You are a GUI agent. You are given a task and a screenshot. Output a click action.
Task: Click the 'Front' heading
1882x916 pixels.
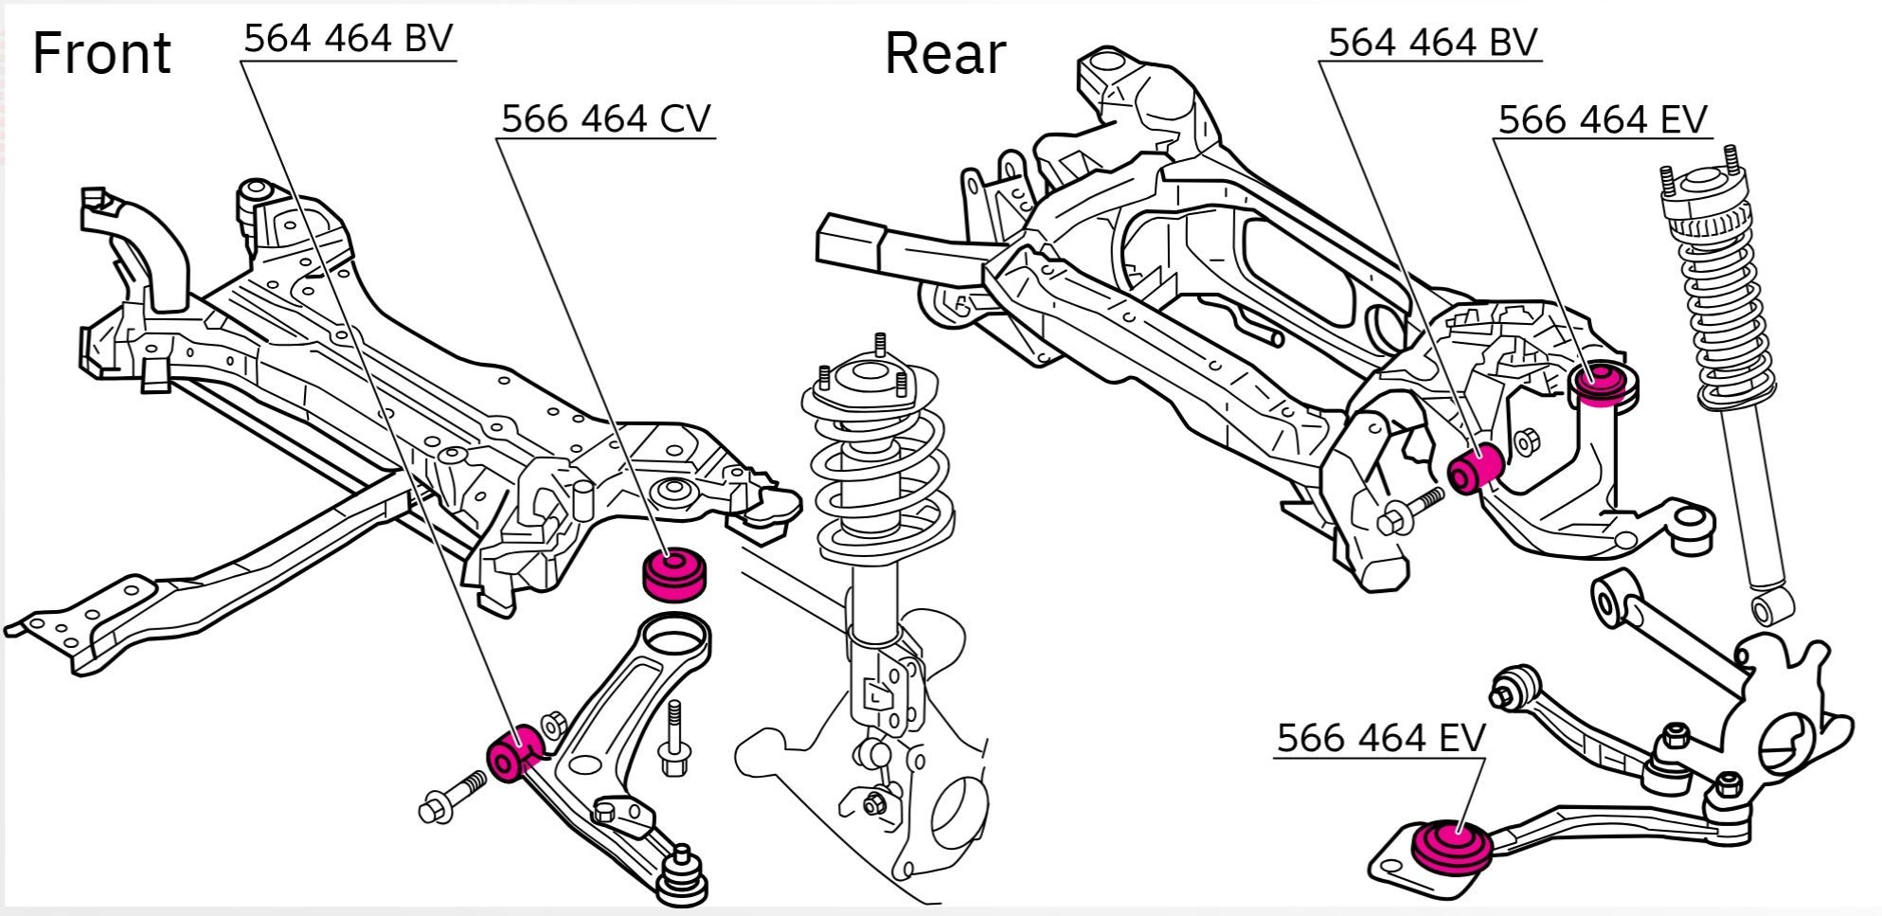pyautogui.click(x=101, y=54)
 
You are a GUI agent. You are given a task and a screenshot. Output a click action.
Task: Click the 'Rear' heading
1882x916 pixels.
pyautogui.click(x=944, y=54)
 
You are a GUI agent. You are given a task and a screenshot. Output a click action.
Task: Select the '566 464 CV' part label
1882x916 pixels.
pyautogui.click(x=605, y=119)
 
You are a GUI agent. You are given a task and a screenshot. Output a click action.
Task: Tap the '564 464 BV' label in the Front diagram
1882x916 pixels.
pyautogui.click(x=348, y=39)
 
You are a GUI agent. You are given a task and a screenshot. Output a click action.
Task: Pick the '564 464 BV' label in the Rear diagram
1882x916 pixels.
pyautogui.click(x=1432, y=43)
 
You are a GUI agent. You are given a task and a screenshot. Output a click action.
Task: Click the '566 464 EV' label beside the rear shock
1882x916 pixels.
pyautogui.click(x=1602, y=120)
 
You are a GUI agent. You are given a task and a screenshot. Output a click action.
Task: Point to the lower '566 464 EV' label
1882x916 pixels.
pyautogui.click(x=1381, y=738)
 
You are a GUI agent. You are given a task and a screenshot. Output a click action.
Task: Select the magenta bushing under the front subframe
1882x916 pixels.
pyautogui.click(x=674, y=574)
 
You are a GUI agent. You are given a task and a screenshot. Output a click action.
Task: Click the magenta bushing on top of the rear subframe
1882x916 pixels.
pyautogui.click(x=1603, y=382)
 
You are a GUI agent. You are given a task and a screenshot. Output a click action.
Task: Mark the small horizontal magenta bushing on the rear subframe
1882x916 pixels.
pyautogui.click(x=1476, y=466)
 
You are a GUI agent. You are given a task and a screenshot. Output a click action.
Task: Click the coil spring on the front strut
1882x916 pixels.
pyautogui.click(x=877, y=474)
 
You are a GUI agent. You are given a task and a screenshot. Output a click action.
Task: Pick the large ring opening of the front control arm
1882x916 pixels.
pyautogui.click(x=675, y=633)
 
